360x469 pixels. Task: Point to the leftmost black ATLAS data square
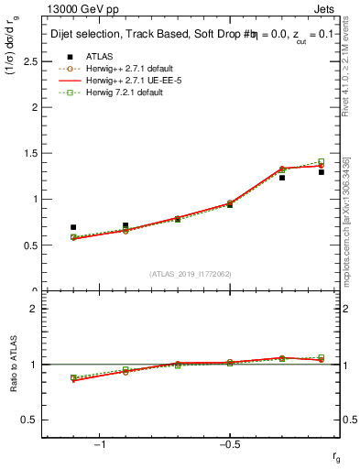[x=73, y=227]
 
